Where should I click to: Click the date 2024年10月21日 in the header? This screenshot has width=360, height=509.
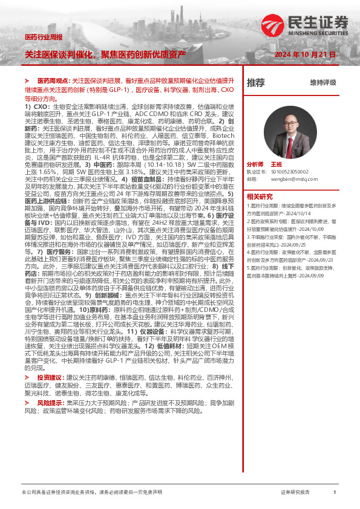coord(305,54)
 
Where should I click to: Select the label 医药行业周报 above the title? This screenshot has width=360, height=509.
coord(43,37)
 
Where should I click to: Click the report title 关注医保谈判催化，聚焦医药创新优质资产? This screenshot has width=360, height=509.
coord(105,54)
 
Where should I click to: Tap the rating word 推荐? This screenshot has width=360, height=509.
coord(256,82)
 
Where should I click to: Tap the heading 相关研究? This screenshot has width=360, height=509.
coord(260,196)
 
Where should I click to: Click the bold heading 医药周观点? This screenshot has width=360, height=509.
coord(54,80)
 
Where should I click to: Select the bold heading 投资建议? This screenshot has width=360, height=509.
coord(50,377)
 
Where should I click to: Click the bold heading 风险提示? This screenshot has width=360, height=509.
coord(50,402)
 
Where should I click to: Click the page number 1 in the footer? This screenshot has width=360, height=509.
coord(335,493)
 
